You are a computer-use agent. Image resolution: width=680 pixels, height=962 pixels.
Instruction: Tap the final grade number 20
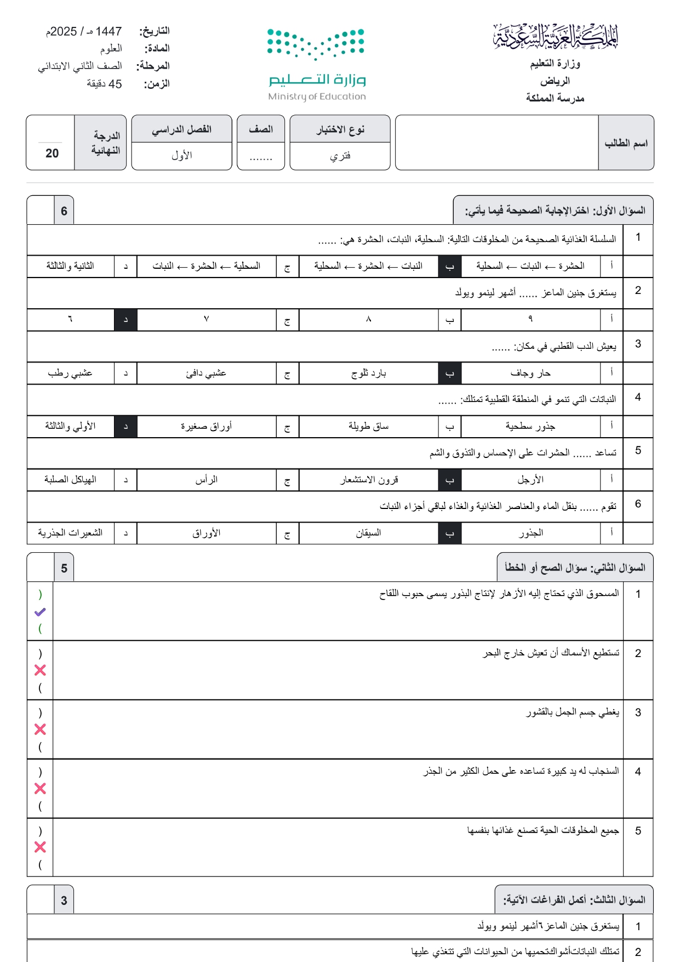[x=52, y=154]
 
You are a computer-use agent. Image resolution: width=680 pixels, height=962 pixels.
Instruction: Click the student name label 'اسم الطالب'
[x=626, y=143]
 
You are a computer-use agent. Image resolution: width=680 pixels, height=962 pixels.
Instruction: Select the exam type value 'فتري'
[x=340, y=156]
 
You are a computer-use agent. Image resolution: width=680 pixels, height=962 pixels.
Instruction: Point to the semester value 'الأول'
[x=181, y=156]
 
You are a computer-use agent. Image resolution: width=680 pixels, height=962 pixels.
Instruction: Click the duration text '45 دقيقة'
[x=104, y=84]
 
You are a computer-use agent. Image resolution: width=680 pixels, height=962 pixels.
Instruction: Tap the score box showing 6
[x=64, y=211]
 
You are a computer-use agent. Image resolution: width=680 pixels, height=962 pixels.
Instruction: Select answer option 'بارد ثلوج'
[x=368, y=374]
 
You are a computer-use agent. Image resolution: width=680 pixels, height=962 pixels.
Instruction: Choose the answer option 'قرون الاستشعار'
[x=368, y=480]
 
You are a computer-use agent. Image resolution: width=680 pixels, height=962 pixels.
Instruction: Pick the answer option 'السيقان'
[x=368, y=533]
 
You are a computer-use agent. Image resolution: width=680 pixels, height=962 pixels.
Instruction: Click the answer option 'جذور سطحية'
[x=530, y=426]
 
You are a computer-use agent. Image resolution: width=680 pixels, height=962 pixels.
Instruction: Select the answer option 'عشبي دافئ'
[x=206, y=374]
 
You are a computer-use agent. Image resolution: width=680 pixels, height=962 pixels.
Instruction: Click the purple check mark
[x=40, y=612]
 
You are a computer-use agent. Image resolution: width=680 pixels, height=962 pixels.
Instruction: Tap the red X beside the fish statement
[x=40, y=670]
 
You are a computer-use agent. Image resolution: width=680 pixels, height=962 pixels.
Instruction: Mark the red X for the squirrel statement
[x=40, y=789]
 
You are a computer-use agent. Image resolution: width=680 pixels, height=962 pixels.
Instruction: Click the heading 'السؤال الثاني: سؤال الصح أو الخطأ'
[x=575, y=568]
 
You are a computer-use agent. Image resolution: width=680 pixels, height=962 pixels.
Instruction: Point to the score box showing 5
[x=64, y=568]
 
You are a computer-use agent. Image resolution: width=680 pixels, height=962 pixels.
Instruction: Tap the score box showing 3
[x=64, y=901]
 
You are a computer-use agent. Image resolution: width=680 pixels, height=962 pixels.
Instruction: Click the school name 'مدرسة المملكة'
[x=555, y=98]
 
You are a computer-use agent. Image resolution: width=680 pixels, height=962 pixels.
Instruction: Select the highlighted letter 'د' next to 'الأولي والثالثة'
[x=125, y=427]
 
